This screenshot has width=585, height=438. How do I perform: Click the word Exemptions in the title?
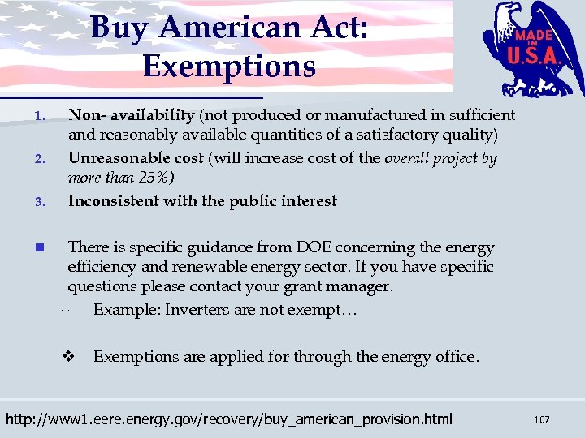pyautogui.click(x=229, y=65)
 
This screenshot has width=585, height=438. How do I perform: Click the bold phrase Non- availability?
pyautogui.click(x=131, y=115)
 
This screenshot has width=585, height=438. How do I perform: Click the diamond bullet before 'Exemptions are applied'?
pyautogui.click(x=69, y=356)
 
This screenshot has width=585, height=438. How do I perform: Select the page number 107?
pyautogui.click(x=541, y=419)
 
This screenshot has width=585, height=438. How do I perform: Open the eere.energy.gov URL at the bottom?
pyautogui.click(x=229, y=419)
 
